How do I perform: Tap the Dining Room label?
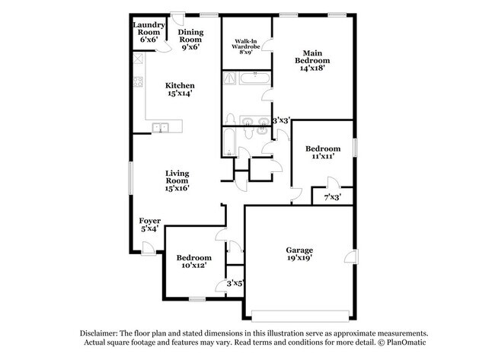(190, 39)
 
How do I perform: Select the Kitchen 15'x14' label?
(180, 90)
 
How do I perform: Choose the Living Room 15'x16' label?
(177, 180)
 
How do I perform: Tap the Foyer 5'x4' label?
(149, 225)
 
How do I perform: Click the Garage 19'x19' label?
(299, 254)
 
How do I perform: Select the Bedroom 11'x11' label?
(321, 152)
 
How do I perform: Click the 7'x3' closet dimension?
(332, 198)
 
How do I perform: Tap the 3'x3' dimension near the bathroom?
(280, 120)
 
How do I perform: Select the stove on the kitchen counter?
(139, 83)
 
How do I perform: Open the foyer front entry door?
(147, 245)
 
